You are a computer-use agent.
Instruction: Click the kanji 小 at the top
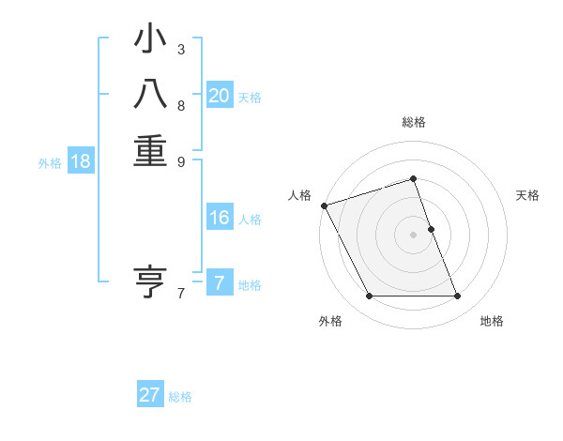tap(150, 39)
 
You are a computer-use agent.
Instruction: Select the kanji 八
tap(150, 95)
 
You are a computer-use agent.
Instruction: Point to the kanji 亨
tap(150, 281)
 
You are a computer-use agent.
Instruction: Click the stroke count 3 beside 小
tap(181, 49)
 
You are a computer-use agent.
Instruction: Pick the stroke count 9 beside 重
tap(181, 160)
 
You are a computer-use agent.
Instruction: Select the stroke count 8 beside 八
tap(181, 105)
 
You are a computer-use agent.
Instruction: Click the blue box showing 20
tap(220, 96)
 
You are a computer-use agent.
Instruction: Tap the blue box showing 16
tap(220, 218)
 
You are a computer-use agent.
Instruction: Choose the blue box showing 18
tap(81, 161)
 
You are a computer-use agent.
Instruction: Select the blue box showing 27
tap(150, 395)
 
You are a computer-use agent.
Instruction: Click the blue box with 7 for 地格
tap(220, 283)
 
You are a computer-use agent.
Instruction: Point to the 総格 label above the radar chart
tap(414, 122)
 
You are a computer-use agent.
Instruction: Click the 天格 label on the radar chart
tap(528, 195)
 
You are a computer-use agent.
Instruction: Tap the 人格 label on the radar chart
tap(299, 195)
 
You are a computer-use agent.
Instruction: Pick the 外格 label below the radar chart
tap(330, 322)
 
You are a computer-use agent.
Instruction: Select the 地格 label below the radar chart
tap(492, 322)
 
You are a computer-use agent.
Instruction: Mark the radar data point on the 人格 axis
tap(324, 205)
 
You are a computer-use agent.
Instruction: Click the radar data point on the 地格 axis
tap(458, 297)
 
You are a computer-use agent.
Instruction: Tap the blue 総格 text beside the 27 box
tap(180, 397)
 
